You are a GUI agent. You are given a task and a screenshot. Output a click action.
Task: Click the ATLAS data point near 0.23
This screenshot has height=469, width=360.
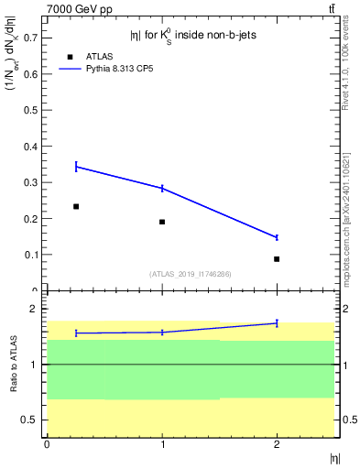click(x=76, y=207)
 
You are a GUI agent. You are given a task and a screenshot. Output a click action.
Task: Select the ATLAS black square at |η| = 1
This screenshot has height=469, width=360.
click(x=162, y=222)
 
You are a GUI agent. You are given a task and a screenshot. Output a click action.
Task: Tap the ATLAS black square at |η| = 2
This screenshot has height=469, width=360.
click(x=277, y=259)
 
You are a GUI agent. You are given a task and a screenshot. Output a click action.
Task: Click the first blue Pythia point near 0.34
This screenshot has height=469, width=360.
click(x=76, y=167)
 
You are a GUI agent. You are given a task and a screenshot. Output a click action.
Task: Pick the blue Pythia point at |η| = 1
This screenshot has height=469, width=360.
click(x=162, y=189)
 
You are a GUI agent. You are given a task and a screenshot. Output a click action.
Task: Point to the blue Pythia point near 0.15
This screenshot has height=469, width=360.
click(x=277, y=237)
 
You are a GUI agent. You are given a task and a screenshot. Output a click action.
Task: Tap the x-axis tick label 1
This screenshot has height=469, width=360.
click(x=162, y=444)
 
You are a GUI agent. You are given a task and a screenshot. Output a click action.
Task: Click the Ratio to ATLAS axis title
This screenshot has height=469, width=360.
click(x=13, y=365)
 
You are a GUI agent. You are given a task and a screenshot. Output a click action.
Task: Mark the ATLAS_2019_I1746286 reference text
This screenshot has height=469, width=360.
click(x=190, y=274)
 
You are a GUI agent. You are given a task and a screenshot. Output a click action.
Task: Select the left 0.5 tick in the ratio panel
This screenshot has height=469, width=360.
click(x=30, y=420)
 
